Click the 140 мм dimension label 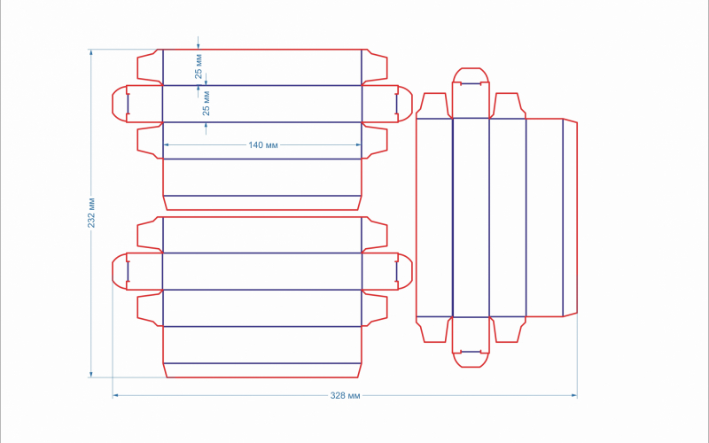(x=262, y=145)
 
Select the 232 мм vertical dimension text (x=91, y=213)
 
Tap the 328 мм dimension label (x=345, y=395)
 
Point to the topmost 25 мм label (x=199, y=66)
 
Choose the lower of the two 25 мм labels (x=206, y=104)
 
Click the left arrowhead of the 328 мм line (x=115, y=395)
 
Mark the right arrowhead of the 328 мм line (x=574, y=395)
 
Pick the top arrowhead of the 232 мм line (x=91, y=52)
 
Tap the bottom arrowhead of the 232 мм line (x=91, y=374)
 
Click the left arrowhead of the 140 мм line (x=166, y=145)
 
